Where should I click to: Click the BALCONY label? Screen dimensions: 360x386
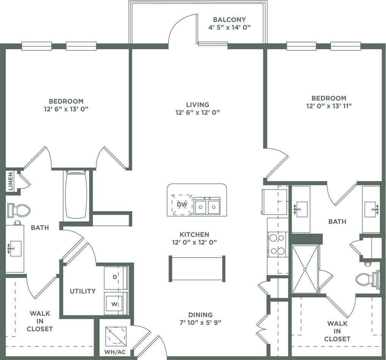pos(229,19)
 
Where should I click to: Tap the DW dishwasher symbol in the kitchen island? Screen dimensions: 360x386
pos(182,205)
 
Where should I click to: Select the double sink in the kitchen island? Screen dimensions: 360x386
pos(207,206)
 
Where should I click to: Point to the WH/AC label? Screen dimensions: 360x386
pos(115,352)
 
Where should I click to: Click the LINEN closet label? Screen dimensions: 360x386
pos(10,181)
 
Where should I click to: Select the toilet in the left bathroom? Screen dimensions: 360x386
pos(19,210)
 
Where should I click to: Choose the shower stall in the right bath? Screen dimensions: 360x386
pos(305,269)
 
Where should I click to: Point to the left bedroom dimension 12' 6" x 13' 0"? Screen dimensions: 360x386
pos(66,109)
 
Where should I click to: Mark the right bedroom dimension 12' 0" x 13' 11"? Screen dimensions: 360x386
pos(329,106)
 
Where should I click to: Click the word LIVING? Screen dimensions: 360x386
pos(197,105)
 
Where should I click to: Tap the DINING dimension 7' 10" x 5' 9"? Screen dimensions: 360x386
pos(200,323)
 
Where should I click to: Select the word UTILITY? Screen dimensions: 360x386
pos(83,291)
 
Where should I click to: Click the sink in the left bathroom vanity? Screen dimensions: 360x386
pos(16,249)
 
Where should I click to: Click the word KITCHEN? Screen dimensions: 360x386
pos(194,235)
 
